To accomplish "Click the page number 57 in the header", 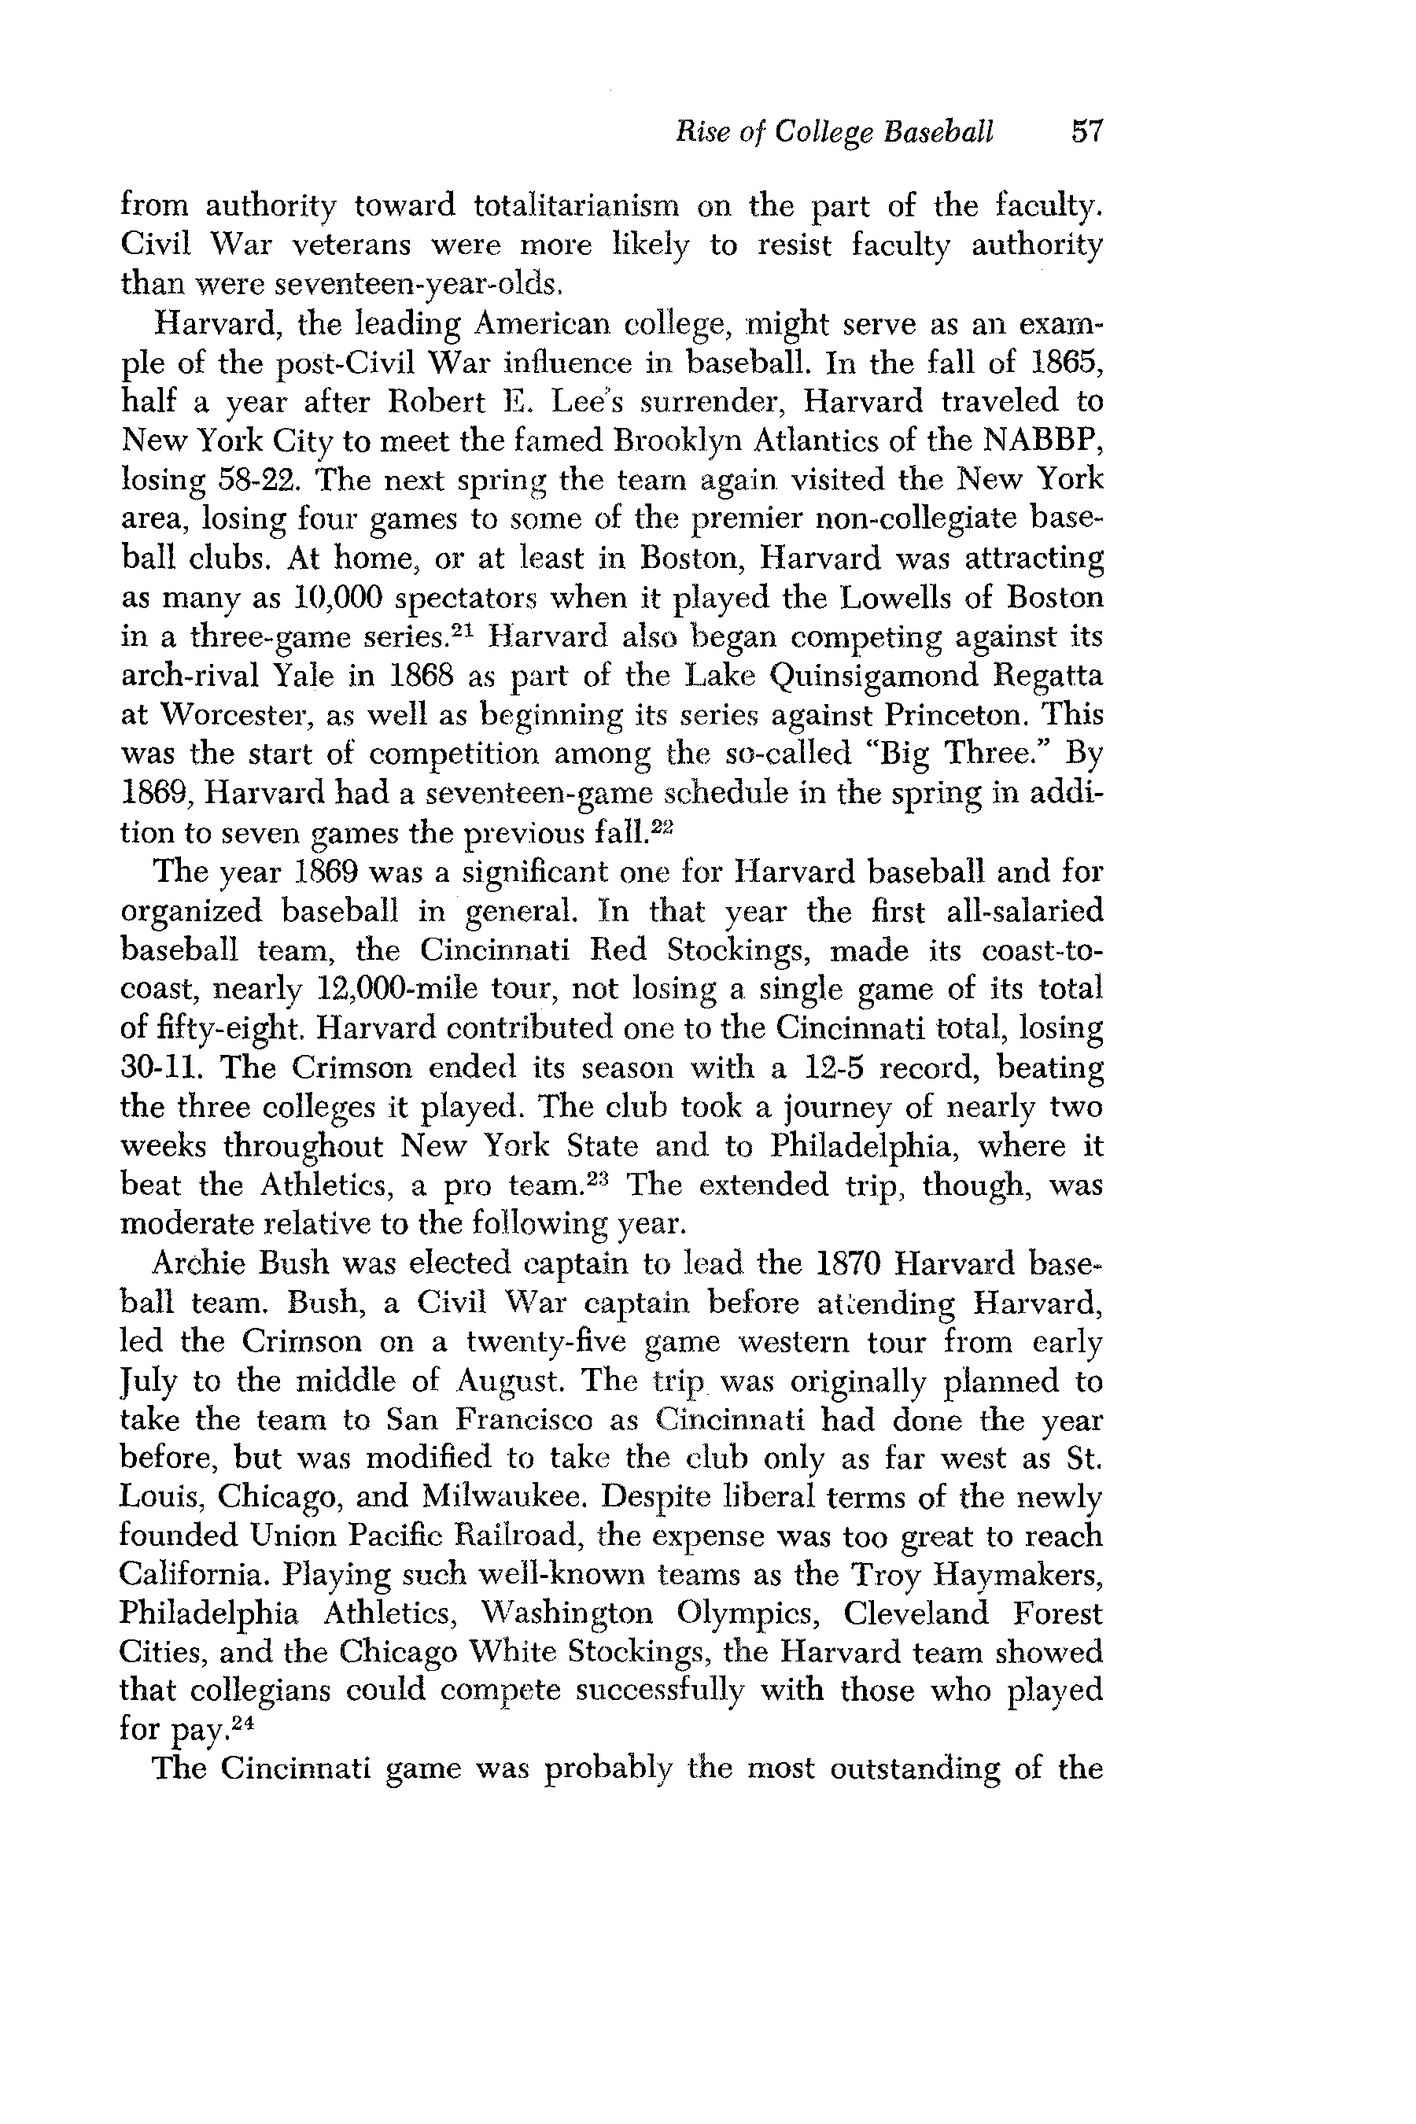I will [1086, 132].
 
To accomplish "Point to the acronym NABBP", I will [1043, 441].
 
